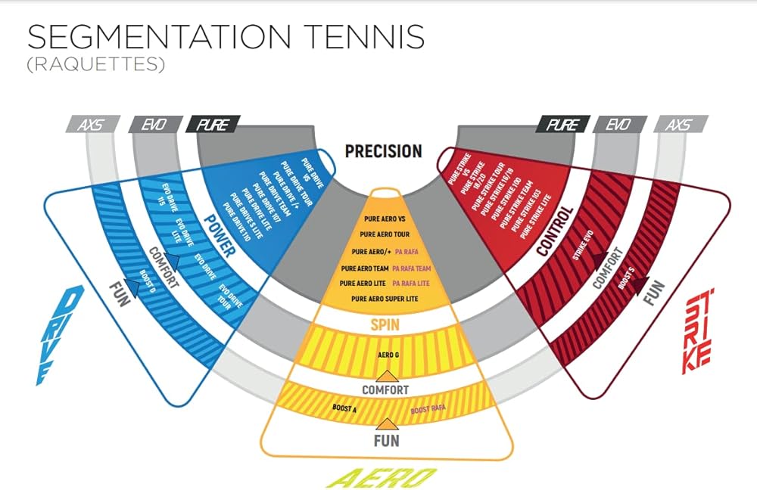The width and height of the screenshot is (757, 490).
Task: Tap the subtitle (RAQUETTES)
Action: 95,65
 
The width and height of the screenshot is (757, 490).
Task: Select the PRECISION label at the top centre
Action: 383,151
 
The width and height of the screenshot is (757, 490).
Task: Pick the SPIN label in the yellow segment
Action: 385,324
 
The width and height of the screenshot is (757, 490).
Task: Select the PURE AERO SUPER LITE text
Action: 386,299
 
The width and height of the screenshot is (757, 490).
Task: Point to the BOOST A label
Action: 345,408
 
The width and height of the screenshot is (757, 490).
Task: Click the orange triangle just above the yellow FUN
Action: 387,424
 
